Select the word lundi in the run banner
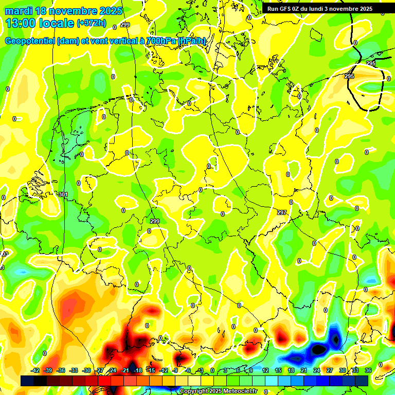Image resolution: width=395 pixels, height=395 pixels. tap(326, 9)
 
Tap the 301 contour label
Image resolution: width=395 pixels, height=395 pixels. tap(63, 194)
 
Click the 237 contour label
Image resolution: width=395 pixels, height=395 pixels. tap(282, 212)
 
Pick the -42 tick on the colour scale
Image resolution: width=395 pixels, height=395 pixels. tap(35, 370)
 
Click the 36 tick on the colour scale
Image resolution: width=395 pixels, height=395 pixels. tap(368, 370)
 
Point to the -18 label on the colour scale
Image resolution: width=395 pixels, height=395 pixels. tap(137, 370)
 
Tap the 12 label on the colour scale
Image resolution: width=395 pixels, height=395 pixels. tap(265, 370)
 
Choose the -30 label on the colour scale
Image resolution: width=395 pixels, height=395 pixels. tap(86, 370)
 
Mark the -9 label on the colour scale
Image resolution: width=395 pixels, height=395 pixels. tap(175, 370)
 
